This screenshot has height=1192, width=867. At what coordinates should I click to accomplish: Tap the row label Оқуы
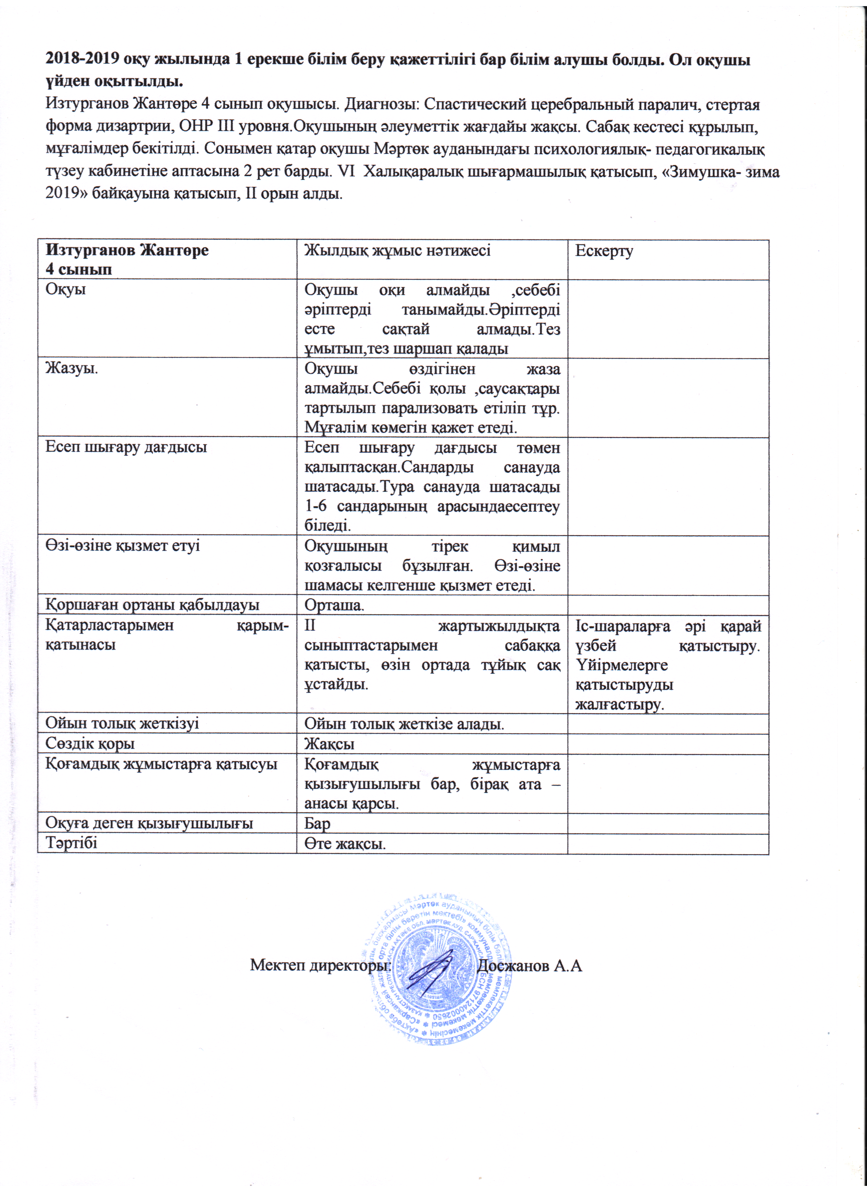[66, 290]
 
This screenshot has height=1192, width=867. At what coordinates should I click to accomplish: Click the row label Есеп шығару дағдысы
[126, 447]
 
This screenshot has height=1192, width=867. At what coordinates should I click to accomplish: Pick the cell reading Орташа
[335, 605]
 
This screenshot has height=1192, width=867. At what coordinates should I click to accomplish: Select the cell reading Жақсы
[330, 744]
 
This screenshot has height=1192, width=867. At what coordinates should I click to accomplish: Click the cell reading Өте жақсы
[345, 844]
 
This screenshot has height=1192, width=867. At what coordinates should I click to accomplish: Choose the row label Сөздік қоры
[90, 744]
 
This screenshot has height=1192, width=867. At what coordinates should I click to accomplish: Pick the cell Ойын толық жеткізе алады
[404, 724]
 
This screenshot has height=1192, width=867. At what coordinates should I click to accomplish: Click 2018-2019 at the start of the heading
[83, 59]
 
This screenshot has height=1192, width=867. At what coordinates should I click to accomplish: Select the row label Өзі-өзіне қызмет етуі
[122, 546]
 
